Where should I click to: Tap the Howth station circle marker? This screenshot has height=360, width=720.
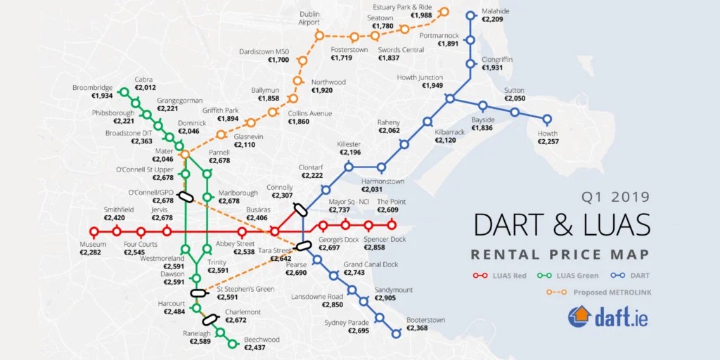[x=547, y=119]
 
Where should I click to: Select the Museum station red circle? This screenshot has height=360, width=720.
[x=94, y=231]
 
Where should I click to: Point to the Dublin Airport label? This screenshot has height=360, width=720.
[x=309, y=18]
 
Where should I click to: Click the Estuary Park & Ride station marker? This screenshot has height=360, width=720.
[x=444, y=11]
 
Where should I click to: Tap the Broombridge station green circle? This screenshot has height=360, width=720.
[x=124, y=91]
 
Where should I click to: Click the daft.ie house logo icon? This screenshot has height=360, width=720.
[x=579, y=317]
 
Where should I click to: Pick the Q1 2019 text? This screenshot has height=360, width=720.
[x=616, y=198]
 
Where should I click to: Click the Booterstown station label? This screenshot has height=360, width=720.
[x=426, y=320]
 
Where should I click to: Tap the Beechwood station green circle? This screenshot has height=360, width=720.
[x=233, y=344]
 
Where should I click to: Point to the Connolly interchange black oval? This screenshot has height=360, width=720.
[x=300, y=209]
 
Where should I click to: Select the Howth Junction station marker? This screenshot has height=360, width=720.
[x=449, y=98]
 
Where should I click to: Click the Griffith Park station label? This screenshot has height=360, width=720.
[x=221, y=110]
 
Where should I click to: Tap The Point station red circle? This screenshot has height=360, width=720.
[x=392, y=226]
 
